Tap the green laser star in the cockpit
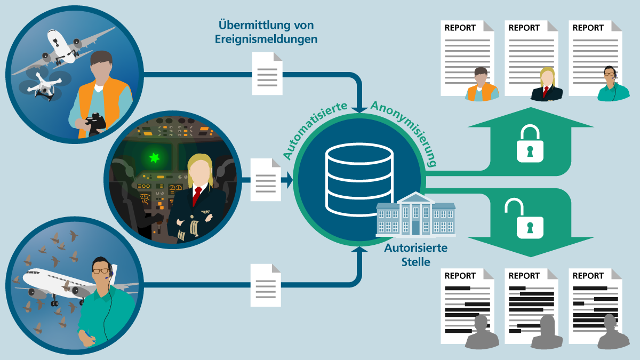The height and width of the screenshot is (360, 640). pos(154,157)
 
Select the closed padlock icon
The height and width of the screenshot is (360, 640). pos(530,143)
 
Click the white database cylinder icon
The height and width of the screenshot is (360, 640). pos(359,179)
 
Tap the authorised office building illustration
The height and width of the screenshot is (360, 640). pos(415,214)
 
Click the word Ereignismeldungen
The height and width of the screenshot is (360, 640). pos(266,39)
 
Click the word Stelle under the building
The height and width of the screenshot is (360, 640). pos(415,262)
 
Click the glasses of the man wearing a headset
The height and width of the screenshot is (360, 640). pos(101,271)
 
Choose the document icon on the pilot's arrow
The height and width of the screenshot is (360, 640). pos(266,180)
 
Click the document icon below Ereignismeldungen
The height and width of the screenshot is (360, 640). pos(267,74)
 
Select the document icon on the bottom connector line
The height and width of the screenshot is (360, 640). pos(266,285)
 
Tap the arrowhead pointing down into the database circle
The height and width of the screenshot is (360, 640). pos(359,110)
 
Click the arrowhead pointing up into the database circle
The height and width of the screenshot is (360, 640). pos(359,250)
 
